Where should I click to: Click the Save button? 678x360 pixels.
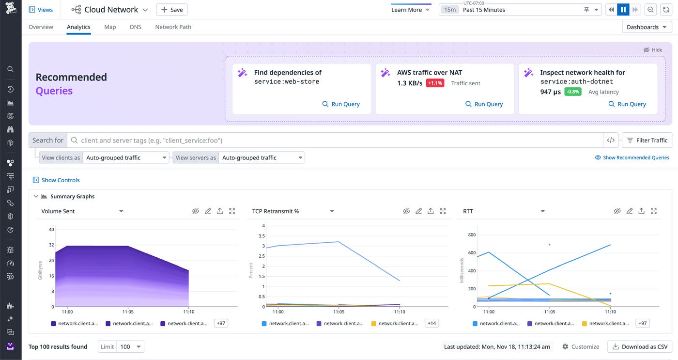coord(171,10)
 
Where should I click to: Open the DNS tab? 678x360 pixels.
coord(136,27)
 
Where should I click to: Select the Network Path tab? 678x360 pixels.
coord(173,27)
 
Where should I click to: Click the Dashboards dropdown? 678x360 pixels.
coord(647,27)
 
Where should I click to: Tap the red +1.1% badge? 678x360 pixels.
coord(435,83)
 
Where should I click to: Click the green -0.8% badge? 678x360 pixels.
coord(572,92)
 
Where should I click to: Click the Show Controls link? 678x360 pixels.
coord(60,180)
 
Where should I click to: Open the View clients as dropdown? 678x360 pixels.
coord(125,157)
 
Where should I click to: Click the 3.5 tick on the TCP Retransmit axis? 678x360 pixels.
coord(262,236)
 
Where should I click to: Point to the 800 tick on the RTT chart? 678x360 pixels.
coord(472,235)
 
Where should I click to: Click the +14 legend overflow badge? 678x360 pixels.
coord(431,323)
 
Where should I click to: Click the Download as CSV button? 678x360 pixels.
coord(640,346)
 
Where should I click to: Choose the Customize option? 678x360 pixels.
coord(581,346)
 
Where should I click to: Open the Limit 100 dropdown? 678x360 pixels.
coord(130,346)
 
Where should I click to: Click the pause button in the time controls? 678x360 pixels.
coord(623,10)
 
